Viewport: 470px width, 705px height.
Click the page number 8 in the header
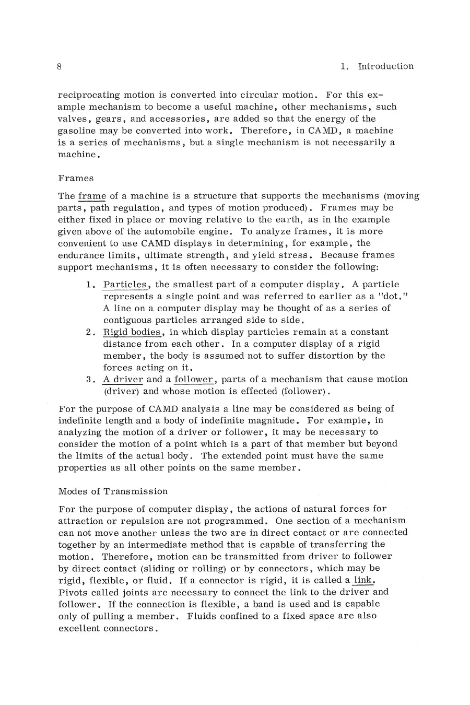[60, 66]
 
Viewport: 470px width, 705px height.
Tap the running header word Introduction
[385, 66]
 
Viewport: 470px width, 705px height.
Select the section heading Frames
[76, 178]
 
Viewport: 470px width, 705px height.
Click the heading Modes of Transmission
[113, 491]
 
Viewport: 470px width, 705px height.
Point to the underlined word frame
[92, 196]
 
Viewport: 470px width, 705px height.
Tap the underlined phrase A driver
[123, 379]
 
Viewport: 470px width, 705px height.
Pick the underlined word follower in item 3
[194, 379]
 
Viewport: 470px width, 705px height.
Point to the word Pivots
[73, 592]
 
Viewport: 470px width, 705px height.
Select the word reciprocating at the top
[89, 96]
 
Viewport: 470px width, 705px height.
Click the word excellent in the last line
[81, 628]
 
